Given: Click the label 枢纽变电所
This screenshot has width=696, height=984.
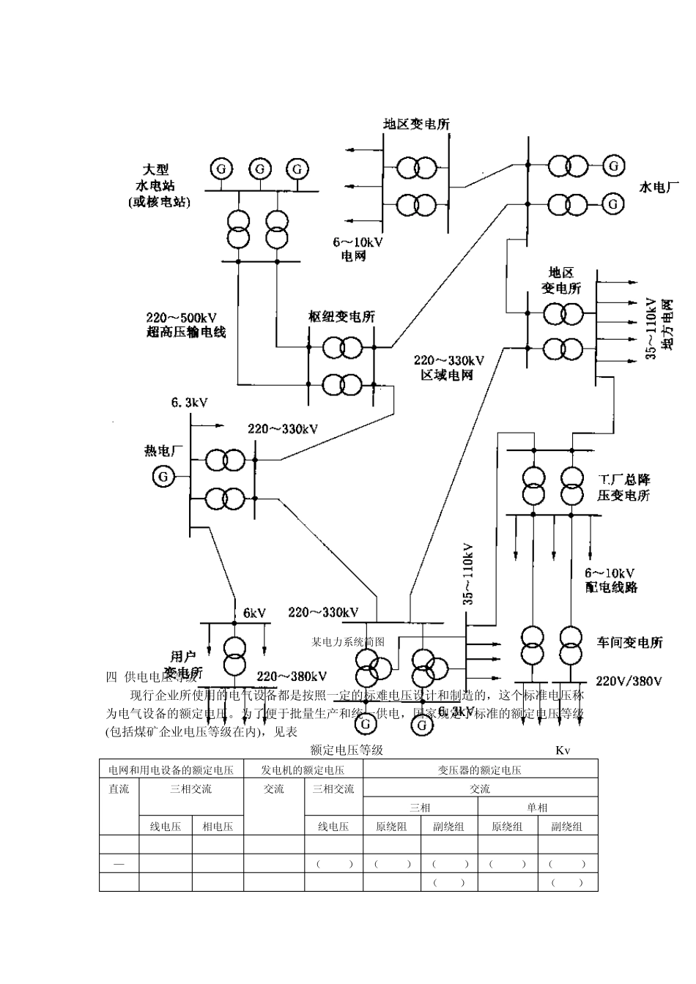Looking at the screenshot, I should click(341, 317).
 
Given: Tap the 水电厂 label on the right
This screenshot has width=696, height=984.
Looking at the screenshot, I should click(654, 187).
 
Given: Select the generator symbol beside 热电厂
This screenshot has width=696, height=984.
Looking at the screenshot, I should click(163, 477).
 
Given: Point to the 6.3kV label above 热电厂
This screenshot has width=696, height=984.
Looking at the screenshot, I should click(190, 403).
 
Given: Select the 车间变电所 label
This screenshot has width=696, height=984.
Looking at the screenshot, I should click(630, 642).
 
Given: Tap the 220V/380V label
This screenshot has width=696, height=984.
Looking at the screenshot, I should click(629, 681).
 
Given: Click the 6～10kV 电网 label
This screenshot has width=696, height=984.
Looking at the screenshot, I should click(358, 249).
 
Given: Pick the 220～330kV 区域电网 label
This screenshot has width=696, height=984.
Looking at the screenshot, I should click(448, 368).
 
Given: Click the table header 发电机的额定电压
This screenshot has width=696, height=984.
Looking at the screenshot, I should click(303, 769).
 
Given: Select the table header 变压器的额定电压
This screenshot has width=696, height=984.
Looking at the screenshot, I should click(480, 769).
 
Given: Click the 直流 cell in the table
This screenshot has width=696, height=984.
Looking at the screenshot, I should click(119, 789).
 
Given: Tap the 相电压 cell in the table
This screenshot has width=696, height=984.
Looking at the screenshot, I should click(218, 826).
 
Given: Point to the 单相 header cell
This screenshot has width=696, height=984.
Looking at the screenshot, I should click(537, 807).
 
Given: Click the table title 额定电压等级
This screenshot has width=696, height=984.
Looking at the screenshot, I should click(347, 750).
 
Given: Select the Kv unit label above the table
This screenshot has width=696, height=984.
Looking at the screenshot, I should click(563, 750).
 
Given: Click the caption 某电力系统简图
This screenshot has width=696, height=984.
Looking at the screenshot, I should click(348, 641).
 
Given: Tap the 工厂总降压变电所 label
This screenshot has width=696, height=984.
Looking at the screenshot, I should click(623, 487).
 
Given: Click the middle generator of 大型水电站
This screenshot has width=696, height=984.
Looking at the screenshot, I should click(259, 168).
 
